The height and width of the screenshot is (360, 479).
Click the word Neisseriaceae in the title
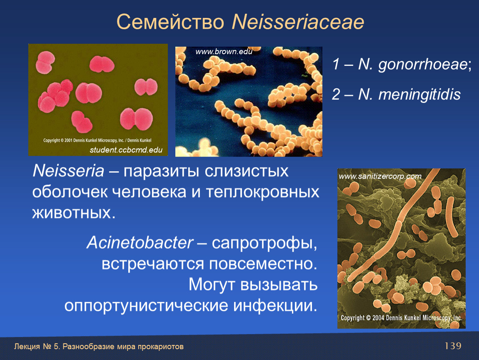[298, 22]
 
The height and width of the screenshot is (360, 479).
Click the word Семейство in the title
[170, 22]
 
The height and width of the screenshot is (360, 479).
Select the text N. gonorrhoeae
[412, 65]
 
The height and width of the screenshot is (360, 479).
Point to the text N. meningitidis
[409, 94]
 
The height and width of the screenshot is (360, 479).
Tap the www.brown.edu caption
[224, 52]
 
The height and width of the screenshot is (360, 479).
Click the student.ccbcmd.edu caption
[126, 150]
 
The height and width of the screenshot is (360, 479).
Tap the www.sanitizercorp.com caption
[380, 176]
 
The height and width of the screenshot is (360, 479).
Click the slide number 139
[453, 346]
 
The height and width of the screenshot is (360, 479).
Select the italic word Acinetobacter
[140, 243]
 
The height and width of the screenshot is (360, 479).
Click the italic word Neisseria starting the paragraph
[68, 170]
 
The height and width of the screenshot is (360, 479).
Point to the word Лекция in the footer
[27, 347]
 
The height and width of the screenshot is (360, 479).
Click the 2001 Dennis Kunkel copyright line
[97, 140]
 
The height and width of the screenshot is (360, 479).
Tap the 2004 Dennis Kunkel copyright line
[402, 318]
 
